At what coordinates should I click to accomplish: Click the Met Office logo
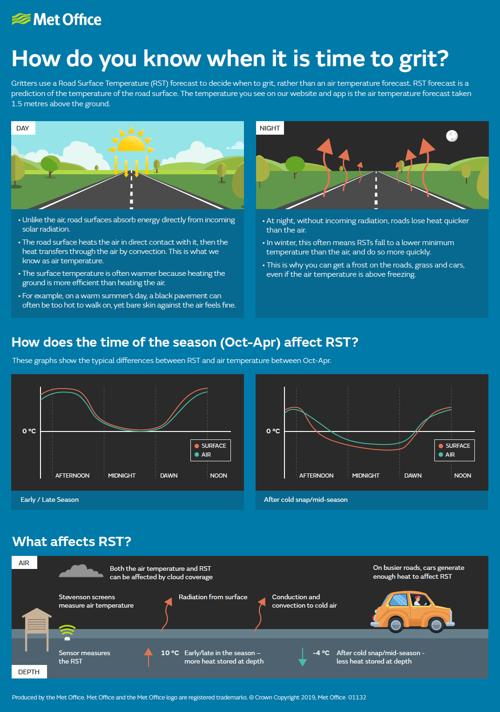coord(56,20)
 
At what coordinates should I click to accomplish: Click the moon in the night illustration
coord(452,136)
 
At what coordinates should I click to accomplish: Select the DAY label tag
coord(23,128)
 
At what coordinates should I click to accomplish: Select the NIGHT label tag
coord(270,128)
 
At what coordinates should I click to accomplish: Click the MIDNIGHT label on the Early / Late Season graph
coord(122,476)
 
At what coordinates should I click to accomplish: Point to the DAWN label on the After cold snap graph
coord(412,476)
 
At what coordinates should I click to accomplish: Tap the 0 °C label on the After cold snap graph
coord(273,431)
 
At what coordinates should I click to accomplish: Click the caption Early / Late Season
coord(49,500)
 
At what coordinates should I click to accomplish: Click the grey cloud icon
coord(81,571)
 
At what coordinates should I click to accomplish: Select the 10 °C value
coord(170,653)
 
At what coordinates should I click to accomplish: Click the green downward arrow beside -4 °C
coord(302,657)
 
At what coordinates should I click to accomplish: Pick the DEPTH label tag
coord(29,672)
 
